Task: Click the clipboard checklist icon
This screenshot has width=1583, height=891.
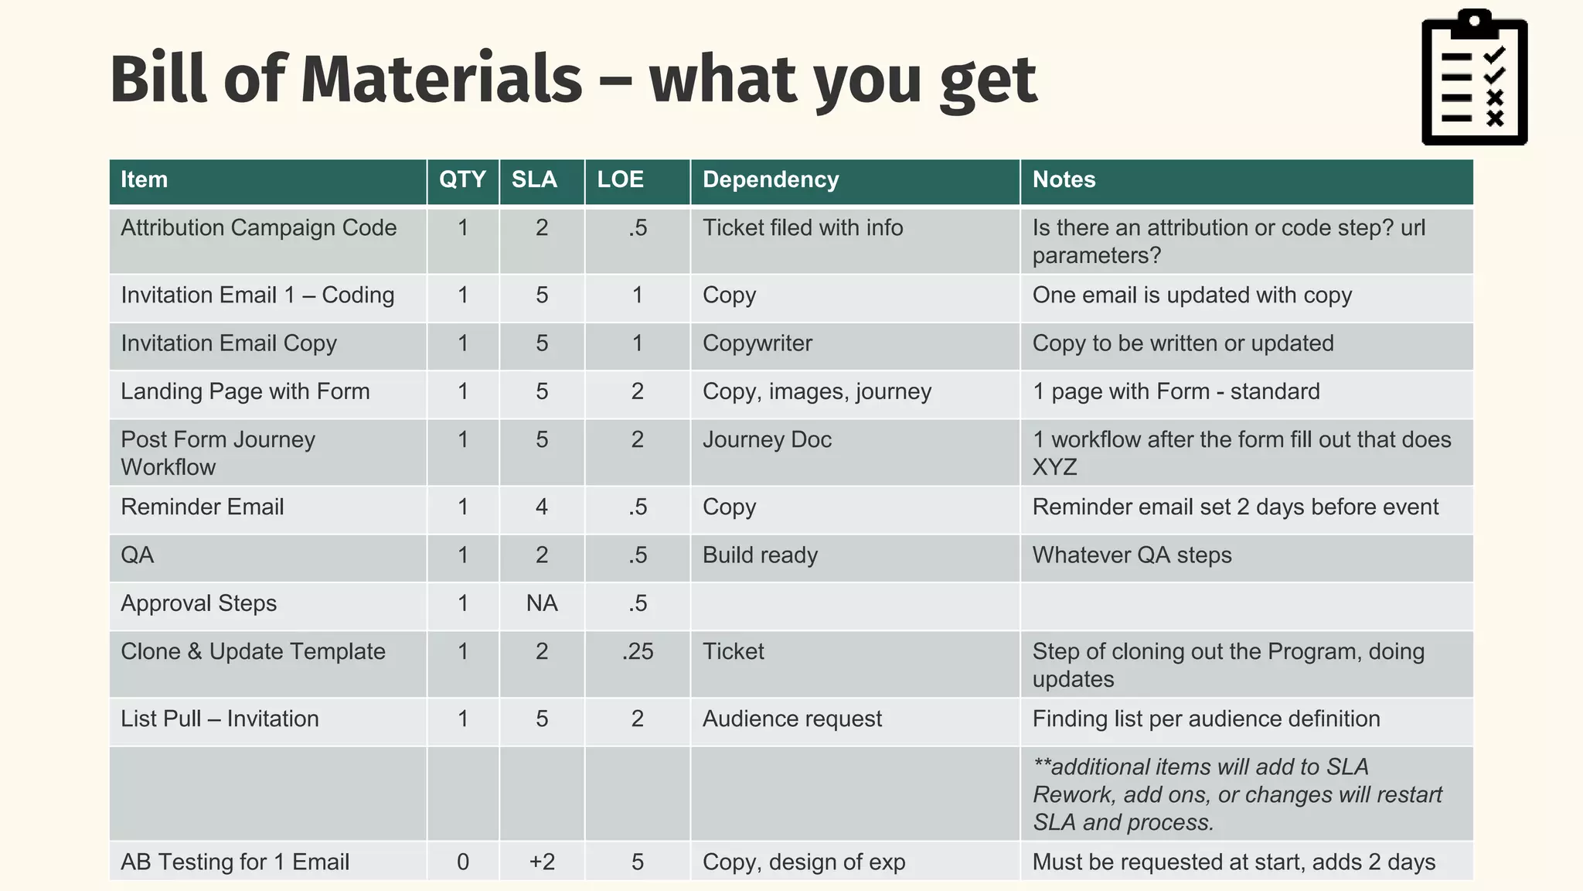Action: click(1474, 77)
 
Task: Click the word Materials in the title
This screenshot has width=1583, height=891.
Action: click(441, 79)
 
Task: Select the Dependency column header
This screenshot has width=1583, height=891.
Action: click(770, 179)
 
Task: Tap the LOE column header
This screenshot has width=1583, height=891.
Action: click(620, 179)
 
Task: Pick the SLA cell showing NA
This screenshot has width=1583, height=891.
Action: click(542, 603)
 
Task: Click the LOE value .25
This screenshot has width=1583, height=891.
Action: click(638, 651)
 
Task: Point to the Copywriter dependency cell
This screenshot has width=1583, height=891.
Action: click(757, 343)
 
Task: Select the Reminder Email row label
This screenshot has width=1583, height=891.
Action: click(203, 507)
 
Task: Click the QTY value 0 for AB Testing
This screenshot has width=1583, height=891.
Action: click(462, 862)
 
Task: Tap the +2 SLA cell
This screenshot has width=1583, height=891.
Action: click(542, 862)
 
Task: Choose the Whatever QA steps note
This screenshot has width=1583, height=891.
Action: click(1132, 555)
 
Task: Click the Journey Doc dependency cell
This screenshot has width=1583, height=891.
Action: click(767, 440)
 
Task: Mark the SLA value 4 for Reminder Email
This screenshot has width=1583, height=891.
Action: click(542, 507)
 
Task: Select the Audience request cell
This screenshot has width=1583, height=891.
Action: click(791, 719)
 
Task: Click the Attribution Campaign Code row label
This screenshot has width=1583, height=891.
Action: click(258, 228)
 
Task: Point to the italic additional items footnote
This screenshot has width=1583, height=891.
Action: click(1237, 794)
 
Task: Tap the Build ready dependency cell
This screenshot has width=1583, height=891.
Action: click(760, 555)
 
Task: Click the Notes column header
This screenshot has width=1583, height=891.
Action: click(1064, 179)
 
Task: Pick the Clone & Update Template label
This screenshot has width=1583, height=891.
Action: click(253, 652)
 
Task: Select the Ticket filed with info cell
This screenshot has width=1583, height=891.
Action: click(802, 228)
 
